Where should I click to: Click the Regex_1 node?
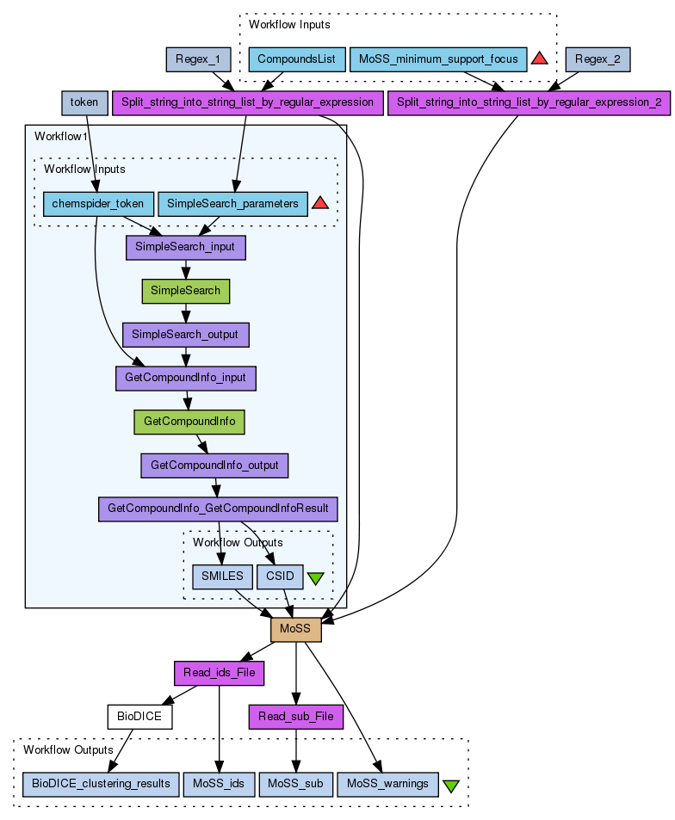tap(198, 59)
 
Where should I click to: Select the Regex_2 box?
tap(598, 59)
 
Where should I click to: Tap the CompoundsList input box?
tap(297, 59)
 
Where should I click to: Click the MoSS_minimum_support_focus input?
tap(438, 59)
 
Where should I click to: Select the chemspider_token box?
tap(98, 204)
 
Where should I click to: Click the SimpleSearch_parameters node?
tap(232, 204)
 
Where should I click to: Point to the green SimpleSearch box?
tap(186, 291)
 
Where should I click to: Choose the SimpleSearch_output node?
tap(186, 335)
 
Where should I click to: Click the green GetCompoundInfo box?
tap(189, 422)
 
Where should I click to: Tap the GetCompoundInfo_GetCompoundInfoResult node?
tap(218, 509)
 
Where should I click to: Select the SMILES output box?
tap(222, 576)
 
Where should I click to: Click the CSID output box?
tap(280, 576)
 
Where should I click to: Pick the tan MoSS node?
tap(296, 629)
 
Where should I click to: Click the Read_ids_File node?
tap(219, 672)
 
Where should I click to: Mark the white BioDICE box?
tap(140, 716)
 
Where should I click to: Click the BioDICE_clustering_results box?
tap(102, 784)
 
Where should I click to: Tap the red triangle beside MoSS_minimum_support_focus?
tap(540, 59)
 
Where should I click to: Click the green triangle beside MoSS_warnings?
tap(450, 785)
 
